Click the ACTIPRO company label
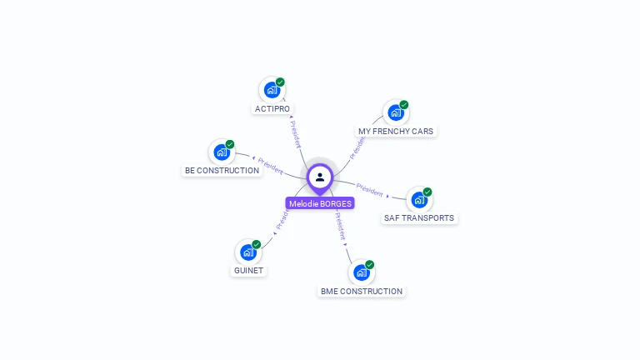(273, 109)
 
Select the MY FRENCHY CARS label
(396, 132)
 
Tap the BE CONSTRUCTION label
(222, 171)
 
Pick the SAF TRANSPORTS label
(419, 218)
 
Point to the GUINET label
(248, 271)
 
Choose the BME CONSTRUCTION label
(362, 292)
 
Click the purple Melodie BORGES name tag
(320, 203)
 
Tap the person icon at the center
(320, 177)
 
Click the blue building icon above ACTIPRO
(271, 89)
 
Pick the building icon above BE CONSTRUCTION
(221, 152)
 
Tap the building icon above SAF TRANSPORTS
(417, 199)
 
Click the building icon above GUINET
(247, 252)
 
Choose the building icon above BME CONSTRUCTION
(360, 272)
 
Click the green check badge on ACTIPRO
(281, 82)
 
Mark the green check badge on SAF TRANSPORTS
(427, 192)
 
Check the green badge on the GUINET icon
(257, 244)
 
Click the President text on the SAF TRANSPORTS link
(369, 189)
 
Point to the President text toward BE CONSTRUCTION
(271, 166)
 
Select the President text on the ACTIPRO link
(296, 133)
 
